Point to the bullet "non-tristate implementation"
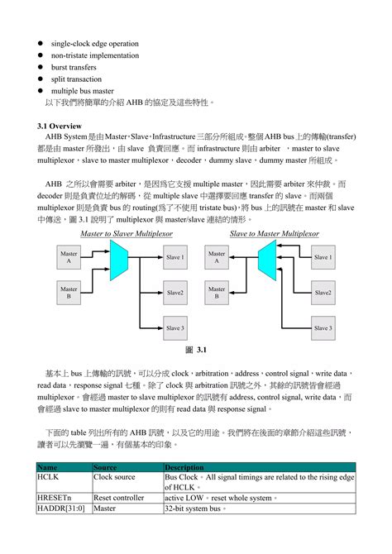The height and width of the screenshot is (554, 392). [x=94, y=55]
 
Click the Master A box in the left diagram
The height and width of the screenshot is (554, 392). [x=69, y=257]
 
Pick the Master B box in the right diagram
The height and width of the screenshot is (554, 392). [x=217, y=293]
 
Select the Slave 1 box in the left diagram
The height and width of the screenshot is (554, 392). [x=174, y=257]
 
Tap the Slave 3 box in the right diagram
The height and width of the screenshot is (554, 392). [x=323, y=328]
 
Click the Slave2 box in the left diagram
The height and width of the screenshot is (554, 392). [x=174, y=293]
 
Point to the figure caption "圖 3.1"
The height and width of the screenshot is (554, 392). [x=196, y=351]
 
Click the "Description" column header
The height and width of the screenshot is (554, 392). [x=184, y=467]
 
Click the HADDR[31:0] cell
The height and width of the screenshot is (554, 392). [x=59, y=508]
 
